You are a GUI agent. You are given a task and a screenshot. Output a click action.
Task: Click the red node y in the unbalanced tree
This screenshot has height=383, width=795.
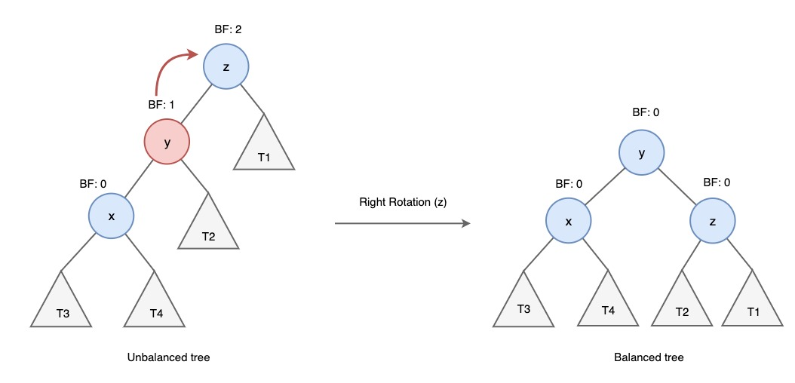pos(167,141)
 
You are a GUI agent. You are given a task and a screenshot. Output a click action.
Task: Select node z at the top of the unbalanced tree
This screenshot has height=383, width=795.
pos(226,67)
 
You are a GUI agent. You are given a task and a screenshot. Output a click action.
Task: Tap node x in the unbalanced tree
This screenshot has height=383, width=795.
pos(112,216)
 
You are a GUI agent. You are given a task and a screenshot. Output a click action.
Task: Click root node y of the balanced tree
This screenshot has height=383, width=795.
pos(642,153)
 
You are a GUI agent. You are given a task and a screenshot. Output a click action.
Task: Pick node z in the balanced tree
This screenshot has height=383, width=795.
pos(713,220)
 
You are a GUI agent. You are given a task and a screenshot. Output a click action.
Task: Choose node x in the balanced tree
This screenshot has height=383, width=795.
pos(569,220)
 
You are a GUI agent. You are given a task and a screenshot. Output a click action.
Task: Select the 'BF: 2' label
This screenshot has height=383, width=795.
pos(229,29)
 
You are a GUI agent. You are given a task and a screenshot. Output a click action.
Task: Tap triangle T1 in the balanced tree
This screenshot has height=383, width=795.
pos(752,305)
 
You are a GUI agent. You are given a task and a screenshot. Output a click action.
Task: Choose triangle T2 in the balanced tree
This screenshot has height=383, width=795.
pos(682,305)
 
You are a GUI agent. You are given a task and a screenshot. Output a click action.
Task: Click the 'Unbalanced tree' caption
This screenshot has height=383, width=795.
pos(169,357)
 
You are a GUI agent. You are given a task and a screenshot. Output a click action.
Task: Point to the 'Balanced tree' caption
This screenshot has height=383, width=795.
pos(649,357)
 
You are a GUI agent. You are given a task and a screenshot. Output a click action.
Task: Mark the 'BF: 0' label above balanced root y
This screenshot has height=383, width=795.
pos(645,112)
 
